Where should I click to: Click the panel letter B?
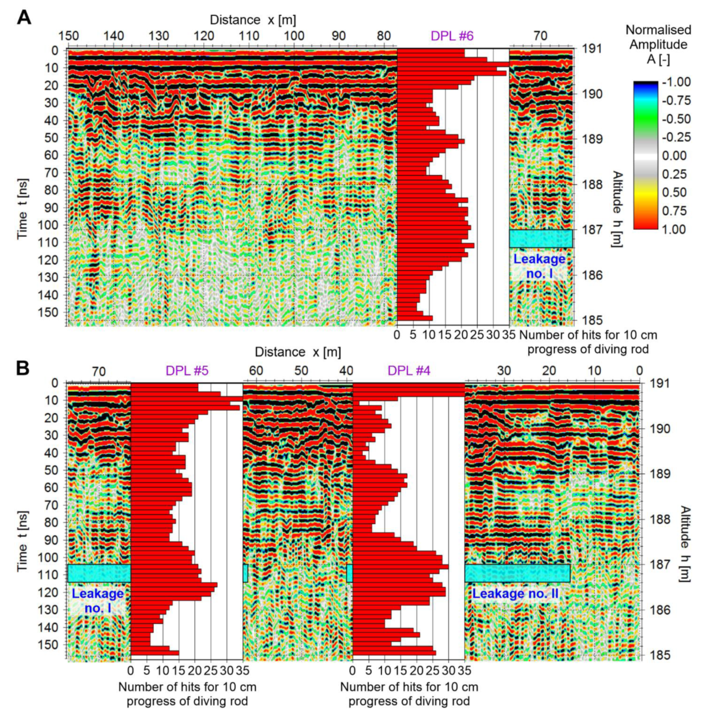pyautogui.click(x=23, y=369)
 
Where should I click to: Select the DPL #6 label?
pyautogui.click(x=452, y=36)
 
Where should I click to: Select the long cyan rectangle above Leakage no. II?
pyautogui.click(x=517, y=573)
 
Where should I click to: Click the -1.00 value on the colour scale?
pyautogui.click(x=676, y=82)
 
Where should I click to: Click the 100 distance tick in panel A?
pyautogui.click(x=294, y=36)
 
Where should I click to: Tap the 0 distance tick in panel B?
pyautogui.click(x=639, y=371)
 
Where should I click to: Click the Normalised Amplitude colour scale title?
pyautogui.click(x=658, y=44)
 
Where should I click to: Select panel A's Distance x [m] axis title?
pyautogui.click(x=253, y=20)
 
